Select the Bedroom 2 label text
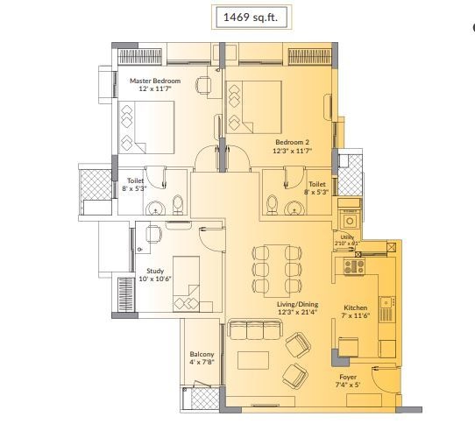(x=292, y=141)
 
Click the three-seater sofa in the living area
(x=253, y=330)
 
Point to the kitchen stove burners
(x=356, y=265)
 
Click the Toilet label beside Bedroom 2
(x=317, y=184)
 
